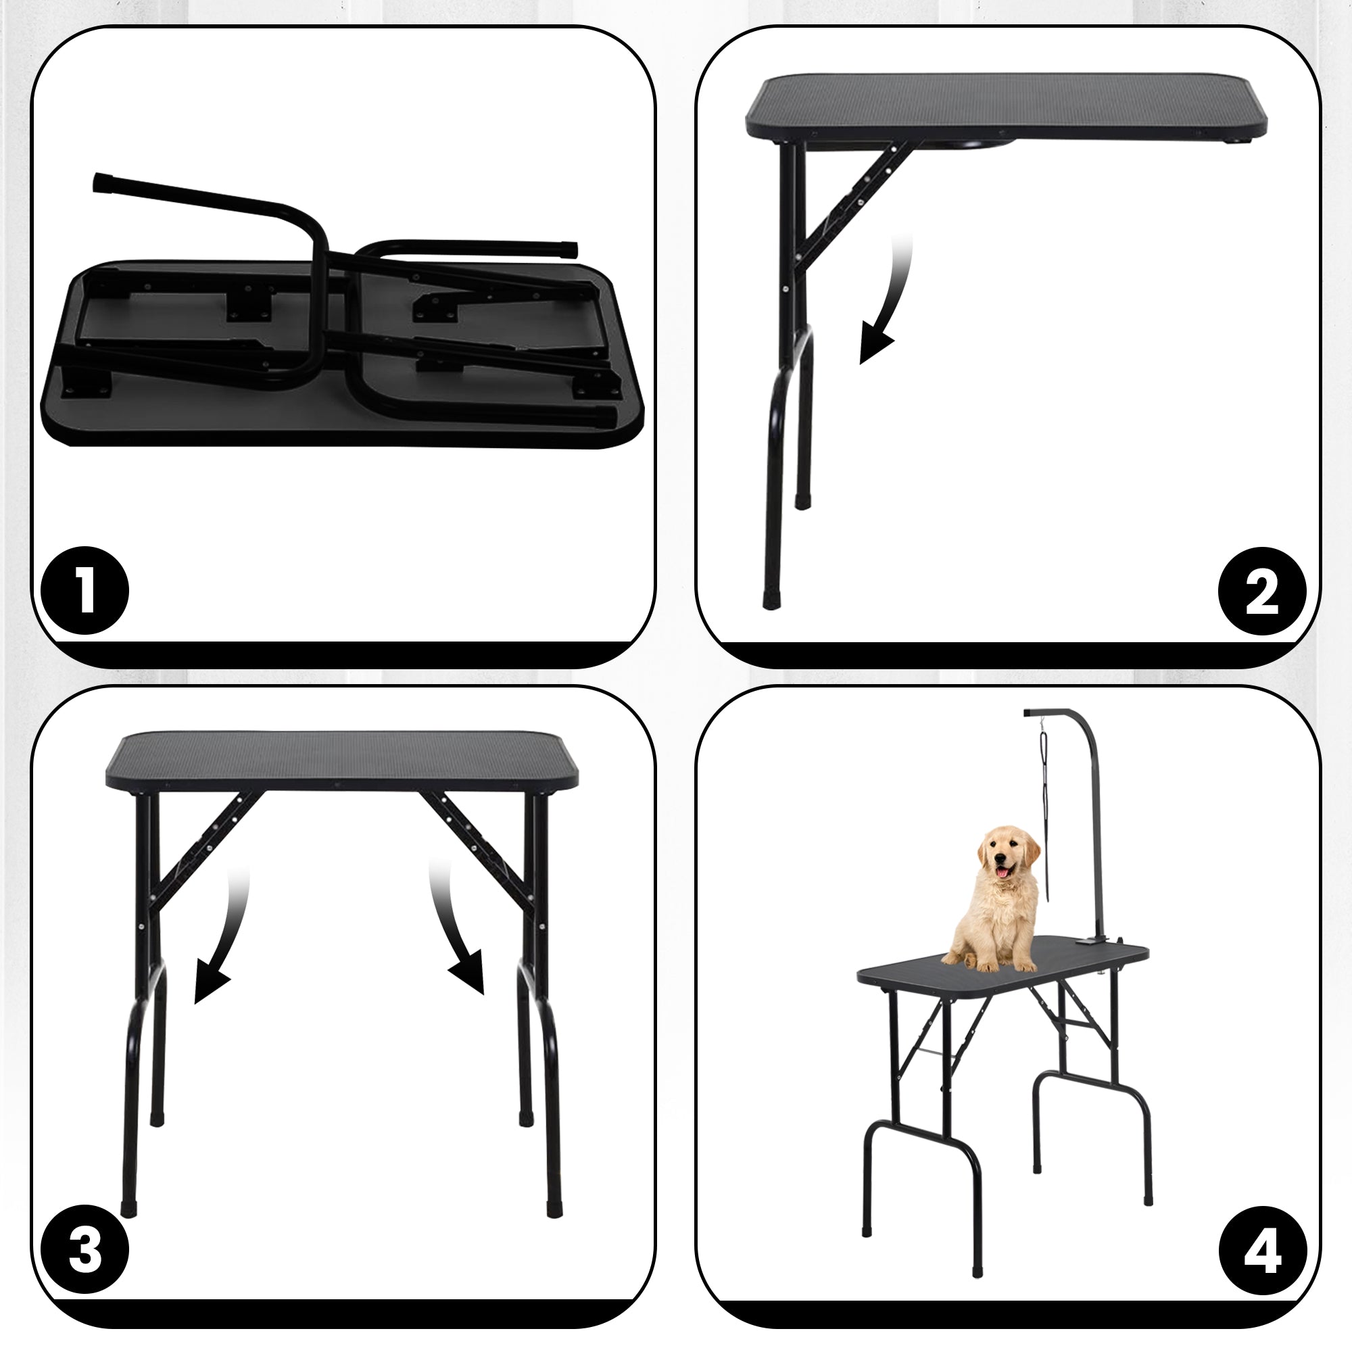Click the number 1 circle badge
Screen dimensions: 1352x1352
(x=84, y=590)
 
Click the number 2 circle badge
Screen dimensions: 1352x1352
(x=1261, y=591)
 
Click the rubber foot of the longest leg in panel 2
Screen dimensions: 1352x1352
(x=770, y=601)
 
